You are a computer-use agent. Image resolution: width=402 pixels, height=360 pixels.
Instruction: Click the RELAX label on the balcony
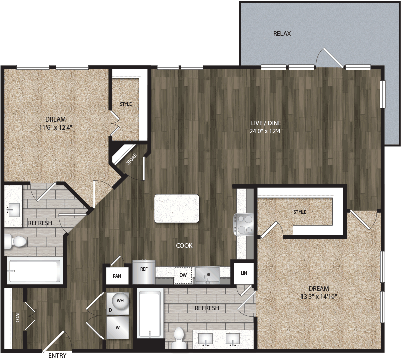pos(282,34)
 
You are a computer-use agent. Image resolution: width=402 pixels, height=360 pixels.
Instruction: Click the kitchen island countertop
pos(176,208)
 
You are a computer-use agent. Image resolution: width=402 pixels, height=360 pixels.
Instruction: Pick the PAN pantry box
pos(117,276)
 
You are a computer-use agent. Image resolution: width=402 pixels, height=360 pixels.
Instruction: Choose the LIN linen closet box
pos(244,273)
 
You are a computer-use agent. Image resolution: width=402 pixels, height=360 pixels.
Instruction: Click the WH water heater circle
pos(120,300)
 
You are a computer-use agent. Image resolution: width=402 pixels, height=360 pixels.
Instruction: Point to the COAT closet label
pos(18,317)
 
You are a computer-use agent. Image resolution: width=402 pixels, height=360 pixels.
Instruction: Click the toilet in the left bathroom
pos(15,243)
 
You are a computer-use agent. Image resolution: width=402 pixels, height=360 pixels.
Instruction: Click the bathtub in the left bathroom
pos(34,271)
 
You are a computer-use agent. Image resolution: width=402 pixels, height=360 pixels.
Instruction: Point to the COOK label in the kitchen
pos(184,246)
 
